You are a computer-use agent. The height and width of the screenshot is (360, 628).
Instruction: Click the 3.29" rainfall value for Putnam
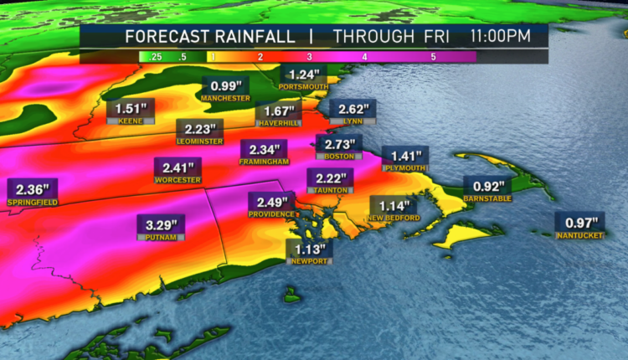tap(162, 224)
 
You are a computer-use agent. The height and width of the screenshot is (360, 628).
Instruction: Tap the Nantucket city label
tap(579, 235)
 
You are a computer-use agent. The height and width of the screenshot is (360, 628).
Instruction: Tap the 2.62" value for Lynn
tap(353, 109)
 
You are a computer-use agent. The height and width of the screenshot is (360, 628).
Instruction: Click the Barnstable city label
tap(488, 198)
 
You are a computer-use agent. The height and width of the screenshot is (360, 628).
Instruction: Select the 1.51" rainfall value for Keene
tap(130, 109)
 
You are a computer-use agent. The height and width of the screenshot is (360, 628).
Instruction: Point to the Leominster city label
tap(200, 141)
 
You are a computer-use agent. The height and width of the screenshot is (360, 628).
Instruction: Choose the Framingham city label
tap(264, 161)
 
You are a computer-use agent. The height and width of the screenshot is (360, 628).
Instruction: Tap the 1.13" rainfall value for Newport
tap(310, 247)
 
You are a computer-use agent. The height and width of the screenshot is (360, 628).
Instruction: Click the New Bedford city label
tap(393, 219)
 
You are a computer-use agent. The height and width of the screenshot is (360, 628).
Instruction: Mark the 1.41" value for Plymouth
tap(405, 155)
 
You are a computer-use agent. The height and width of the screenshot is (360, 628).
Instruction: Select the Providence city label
tap(270, 214)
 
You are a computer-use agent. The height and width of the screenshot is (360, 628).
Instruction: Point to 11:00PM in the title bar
tap(499, 36)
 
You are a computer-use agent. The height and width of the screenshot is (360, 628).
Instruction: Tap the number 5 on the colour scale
tap(433, 57)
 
